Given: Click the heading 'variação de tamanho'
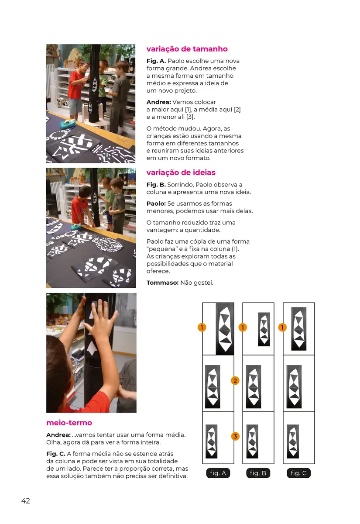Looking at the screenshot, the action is (187, 49).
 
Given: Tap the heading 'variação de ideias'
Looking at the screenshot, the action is (181, 172).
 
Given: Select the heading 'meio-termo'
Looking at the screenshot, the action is (69, 423).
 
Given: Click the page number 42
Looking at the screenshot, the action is (26, 501).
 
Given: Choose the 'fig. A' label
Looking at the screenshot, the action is (218, 473).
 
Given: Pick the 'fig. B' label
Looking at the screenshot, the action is (258, 473).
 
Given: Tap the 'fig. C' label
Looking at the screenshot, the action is (298, 473).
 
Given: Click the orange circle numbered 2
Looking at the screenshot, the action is (235, 381).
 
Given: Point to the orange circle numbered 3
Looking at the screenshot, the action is (235, 436).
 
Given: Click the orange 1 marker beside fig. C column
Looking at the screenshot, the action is (282, 327).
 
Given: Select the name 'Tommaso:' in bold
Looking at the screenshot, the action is (162, 283).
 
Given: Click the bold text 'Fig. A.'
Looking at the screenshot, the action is (156, 61).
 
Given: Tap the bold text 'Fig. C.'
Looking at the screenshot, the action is (56, 454).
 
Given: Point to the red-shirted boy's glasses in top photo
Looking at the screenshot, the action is (85, 66).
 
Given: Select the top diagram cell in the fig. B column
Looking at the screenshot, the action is (258, 329).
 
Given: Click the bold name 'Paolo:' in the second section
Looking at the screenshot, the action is (156, 203).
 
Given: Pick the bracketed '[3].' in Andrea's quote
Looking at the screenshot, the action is (190, 117).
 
